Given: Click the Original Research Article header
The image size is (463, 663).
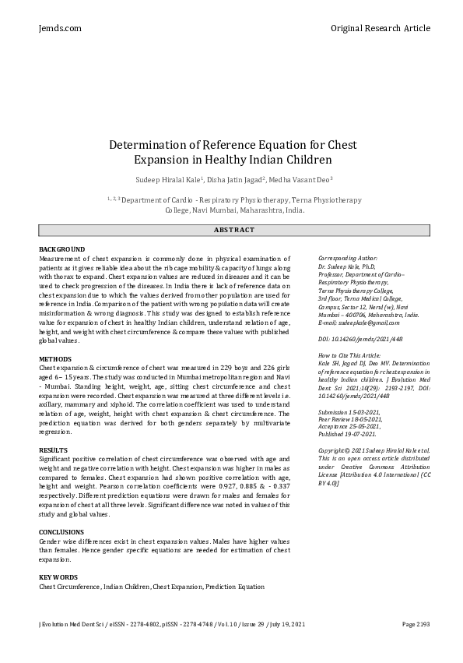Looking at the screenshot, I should coord(380,28).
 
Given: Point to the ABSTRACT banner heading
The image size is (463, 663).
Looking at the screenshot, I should coord(234,230).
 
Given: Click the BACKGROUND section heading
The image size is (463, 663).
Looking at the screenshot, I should coord(62,249).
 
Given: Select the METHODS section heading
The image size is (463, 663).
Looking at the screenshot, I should coord(55,359).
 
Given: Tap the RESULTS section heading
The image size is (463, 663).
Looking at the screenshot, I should coord(54,451).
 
